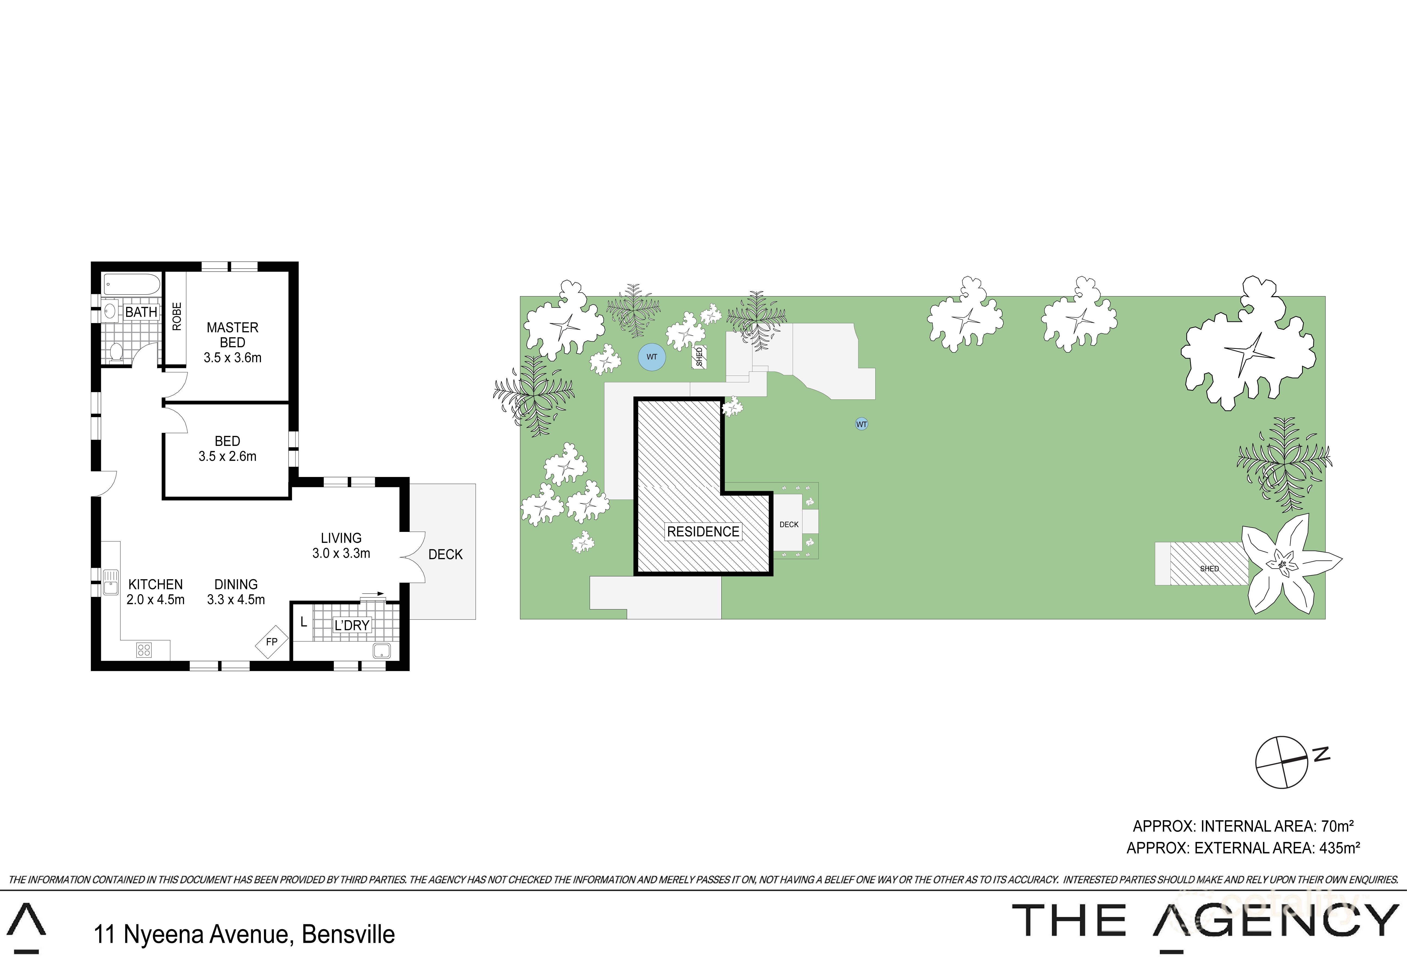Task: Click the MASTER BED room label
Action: tap(232, 335)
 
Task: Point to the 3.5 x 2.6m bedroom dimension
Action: tap(228, 457)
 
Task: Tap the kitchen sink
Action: tap(111, 581)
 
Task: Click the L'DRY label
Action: tap(352, 625)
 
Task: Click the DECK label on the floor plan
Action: tap(446, 554)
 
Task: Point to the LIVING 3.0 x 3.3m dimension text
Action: tap(341, 553)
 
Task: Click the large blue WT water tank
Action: tap(651, 357)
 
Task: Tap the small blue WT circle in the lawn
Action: tap(861, 424)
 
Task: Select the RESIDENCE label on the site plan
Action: tap(703, 532)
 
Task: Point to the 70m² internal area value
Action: tap(1337, 826)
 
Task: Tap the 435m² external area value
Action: tap(1339, 848)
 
